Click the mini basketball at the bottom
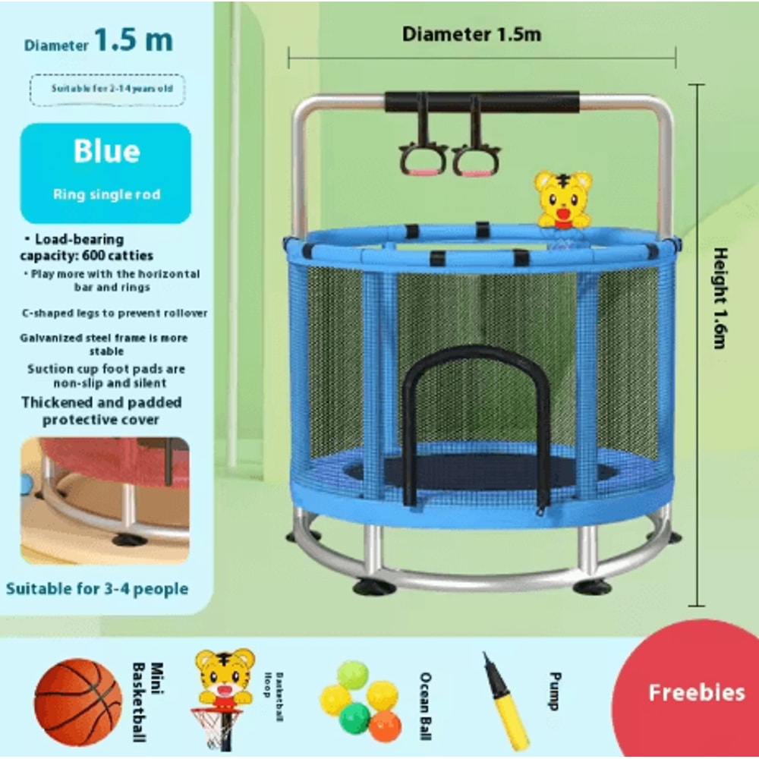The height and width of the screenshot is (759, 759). [77, 701]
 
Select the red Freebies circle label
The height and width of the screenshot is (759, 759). [696, 692]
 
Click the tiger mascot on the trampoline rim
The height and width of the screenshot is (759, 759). [562, 200]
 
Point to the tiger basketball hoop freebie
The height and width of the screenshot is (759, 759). [223, 694]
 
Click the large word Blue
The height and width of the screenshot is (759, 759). [106, 152]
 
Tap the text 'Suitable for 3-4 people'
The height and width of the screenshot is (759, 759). [97, 588]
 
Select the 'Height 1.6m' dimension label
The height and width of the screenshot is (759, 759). [719, 298]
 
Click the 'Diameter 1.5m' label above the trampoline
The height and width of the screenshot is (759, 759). [471, 34]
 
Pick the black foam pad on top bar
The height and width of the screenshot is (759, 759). [482, 102]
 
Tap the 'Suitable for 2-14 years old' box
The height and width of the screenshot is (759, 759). [106, 89]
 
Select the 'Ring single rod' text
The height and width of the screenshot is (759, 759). [106, 194]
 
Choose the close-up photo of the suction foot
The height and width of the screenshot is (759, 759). [105, 500]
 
